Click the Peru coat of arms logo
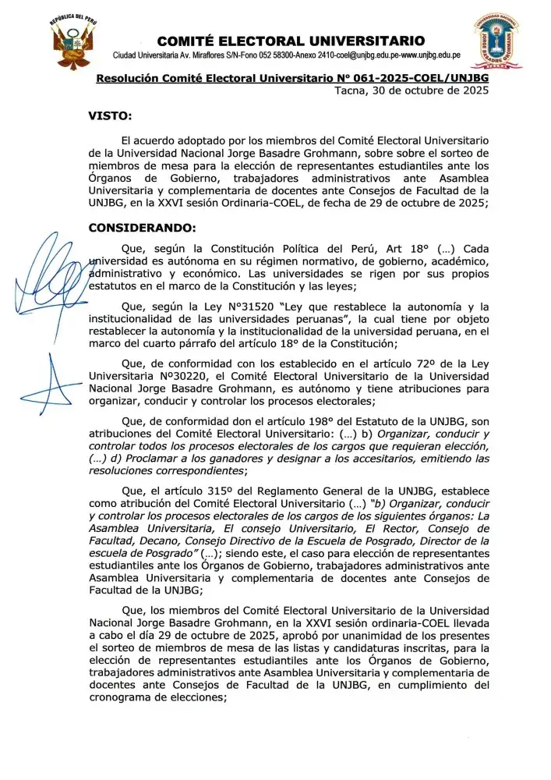[75, 40]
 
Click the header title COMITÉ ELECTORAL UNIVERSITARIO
[291, 41]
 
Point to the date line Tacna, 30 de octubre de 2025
[411, 91]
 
